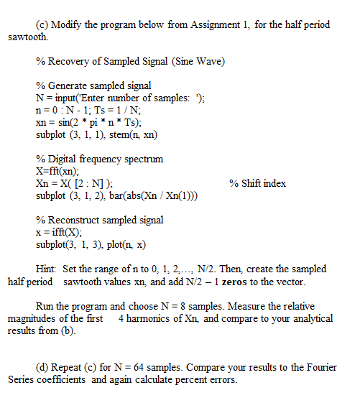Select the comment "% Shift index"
point(257,183)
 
